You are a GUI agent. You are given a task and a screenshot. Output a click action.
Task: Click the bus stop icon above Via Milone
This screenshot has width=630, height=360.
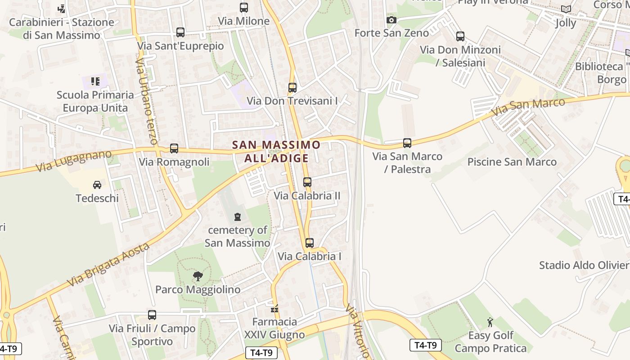coord(243,8)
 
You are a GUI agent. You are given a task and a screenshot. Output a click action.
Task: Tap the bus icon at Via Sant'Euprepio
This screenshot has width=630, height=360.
coord(180,32)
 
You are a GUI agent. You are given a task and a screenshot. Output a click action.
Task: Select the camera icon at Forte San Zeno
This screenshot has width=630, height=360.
coord(391,20)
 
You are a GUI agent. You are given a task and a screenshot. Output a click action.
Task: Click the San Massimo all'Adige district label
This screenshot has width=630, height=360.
coord(276,151)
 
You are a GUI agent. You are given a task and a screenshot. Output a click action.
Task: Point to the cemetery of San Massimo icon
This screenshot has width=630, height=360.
coord(237,217)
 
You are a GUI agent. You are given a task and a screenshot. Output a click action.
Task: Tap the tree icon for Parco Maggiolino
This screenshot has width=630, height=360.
coord(198,276)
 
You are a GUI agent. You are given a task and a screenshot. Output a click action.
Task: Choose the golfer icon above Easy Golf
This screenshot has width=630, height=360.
coord(490,322)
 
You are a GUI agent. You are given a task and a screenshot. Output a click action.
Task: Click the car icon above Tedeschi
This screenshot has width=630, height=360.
coord(97,185)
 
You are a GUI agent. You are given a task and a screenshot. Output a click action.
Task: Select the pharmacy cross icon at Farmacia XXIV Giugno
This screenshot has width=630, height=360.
coord(274,309)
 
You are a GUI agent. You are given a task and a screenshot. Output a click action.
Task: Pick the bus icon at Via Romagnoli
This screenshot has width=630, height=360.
coord(174,148)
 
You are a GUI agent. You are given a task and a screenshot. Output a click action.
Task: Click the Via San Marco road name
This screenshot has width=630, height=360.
coord(528,107)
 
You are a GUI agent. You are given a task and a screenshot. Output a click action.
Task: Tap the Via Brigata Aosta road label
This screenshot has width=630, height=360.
coord(108,265)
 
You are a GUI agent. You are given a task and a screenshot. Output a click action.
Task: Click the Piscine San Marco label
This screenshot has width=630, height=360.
coord(512,162)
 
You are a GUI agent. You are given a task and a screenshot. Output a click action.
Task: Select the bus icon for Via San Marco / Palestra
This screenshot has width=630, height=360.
coord(407,143)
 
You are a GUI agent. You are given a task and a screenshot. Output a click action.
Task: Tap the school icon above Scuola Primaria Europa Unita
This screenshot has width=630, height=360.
coord(95,81)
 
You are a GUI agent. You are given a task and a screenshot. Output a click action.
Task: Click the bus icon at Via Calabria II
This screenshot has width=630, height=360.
coord(307,182)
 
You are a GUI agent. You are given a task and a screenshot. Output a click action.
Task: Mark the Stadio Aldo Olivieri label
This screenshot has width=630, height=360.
coord(584,265)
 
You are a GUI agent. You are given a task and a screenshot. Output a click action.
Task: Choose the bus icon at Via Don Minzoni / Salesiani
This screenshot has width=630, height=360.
coord(460,36)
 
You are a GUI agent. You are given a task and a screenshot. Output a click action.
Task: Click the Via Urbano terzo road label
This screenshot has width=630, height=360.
coord(147,101)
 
